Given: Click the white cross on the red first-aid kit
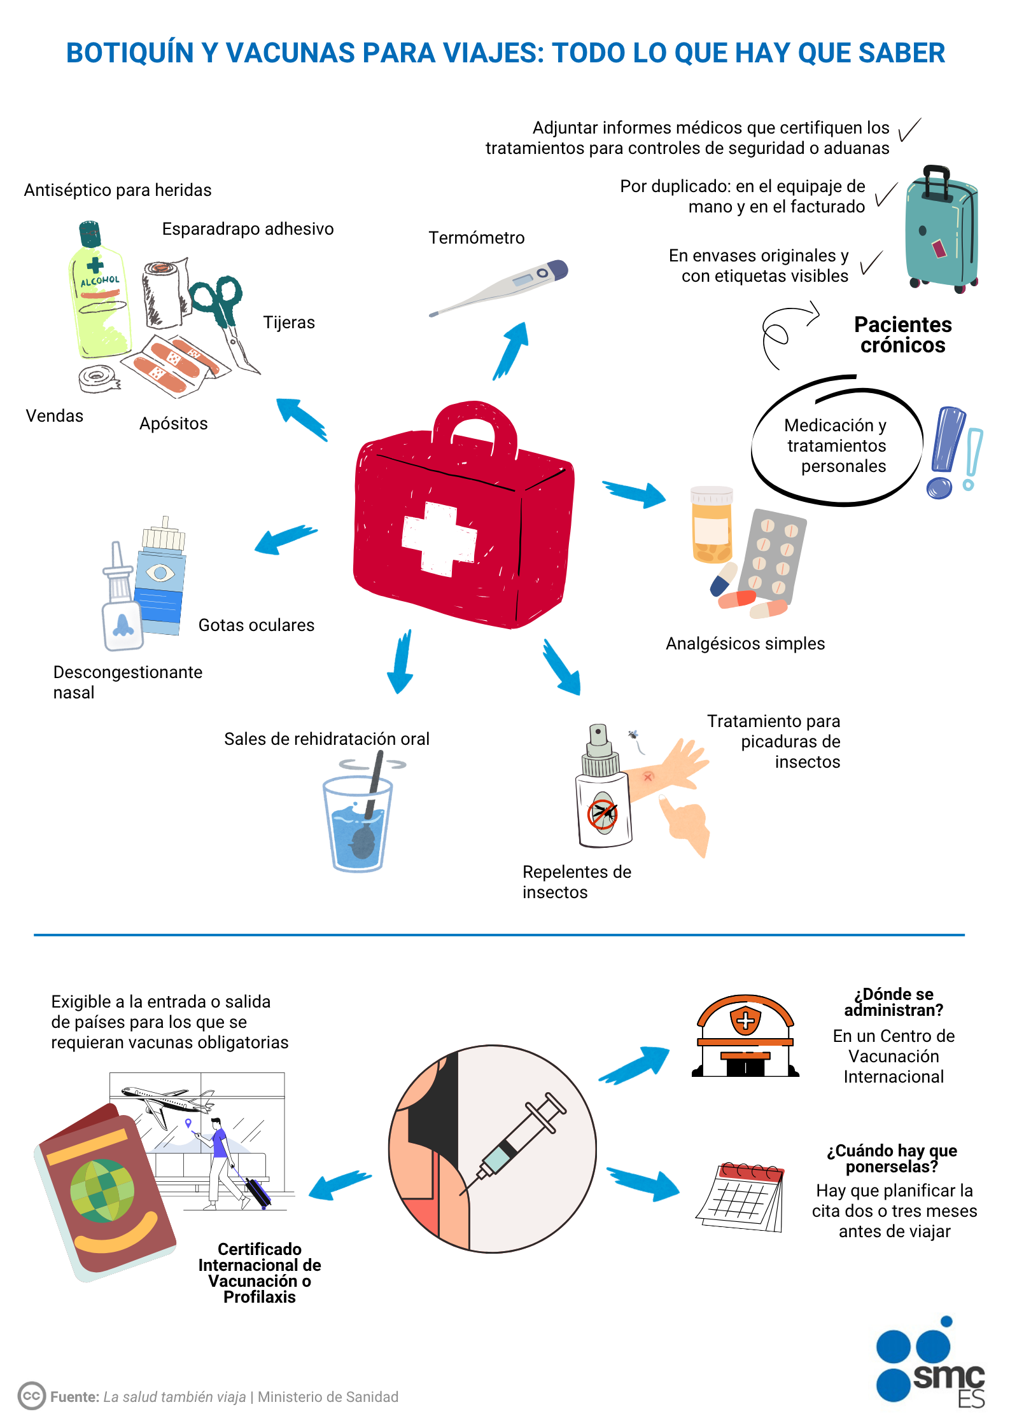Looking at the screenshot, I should pyautogui.click(x=438, y=538).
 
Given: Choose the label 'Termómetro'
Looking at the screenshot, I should pyautogui.click(x=476, y=238).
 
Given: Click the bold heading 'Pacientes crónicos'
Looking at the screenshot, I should pyautogui.click(x=902, y=335).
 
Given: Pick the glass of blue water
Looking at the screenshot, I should pyautogui.click(x=358, y=821).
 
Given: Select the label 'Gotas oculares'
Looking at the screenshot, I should pyautogui.click(x=256, y=625).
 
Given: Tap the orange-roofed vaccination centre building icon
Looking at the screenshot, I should pyautogui.click(x=745, y=1036).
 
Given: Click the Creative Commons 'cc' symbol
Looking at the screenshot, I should pyautogui.click(x=31, y=1396).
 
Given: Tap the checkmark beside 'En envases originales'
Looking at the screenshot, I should pyautogui.click(x=871, y=262).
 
